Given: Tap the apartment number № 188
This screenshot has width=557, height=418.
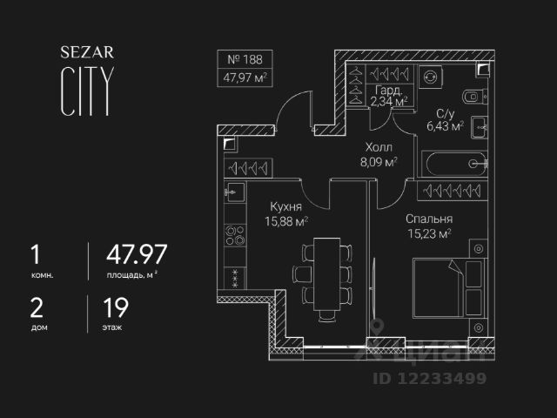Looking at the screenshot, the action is click(x=244, y=61).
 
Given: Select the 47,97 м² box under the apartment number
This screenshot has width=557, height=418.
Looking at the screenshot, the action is click(x=244, y=77).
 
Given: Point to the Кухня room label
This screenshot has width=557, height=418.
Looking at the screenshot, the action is click(x=285, y=207).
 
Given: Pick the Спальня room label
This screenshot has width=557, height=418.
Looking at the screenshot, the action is click(x=429, y=219).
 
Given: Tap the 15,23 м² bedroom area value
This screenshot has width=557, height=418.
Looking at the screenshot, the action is click(x=429, y=233).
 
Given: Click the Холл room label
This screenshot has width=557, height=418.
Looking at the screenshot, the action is click(x=378, y=147).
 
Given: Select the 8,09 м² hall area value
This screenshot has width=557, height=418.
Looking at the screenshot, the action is click(x=378, y=161).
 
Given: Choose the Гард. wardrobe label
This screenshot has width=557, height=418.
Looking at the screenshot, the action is click(x=389, y=90).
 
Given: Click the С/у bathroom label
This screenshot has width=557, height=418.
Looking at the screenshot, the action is click(x=444, y=113).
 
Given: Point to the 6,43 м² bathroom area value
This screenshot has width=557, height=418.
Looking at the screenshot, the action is click(x=444, y=127).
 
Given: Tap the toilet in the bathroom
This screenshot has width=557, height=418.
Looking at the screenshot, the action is click(x=472, y=95).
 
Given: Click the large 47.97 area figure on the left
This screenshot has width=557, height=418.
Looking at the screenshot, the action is click(x=137, y=255).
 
